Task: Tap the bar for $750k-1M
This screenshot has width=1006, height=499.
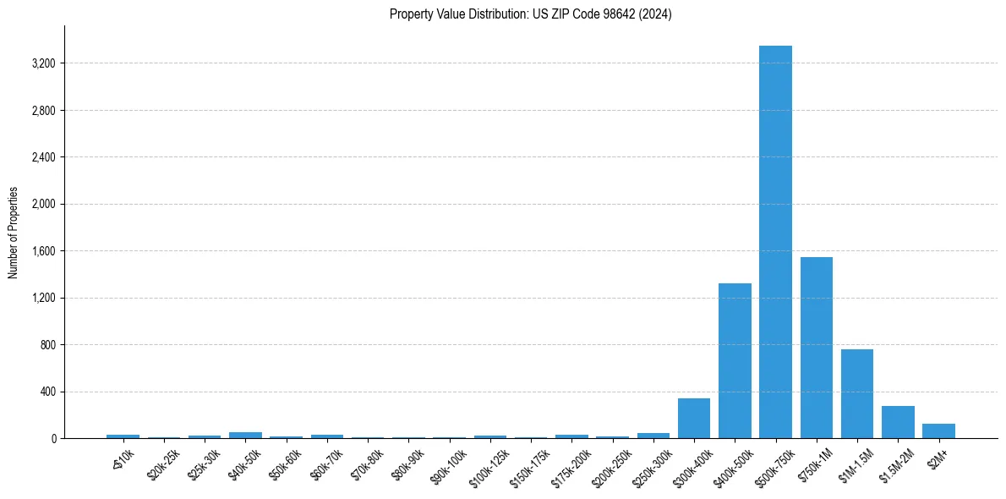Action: pos(816,348)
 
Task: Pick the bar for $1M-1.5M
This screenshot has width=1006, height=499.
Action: pos(856,394)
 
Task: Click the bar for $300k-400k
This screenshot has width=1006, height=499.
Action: pos(694,419)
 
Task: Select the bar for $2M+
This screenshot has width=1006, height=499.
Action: pos(938,430)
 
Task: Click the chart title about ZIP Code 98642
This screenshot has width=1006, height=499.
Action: pos(531,14)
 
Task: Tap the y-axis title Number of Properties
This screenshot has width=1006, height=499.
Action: pos(14,233)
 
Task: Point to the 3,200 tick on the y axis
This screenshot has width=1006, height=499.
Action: pos(43,63)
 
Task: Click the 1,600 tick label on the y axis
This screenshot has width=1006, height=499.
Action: pos(43,251)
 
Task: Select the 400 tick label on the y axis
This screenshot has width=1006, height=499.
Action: pos(48,392)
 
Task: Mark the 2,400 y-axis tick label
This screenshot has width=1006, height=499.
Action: pos(43,157)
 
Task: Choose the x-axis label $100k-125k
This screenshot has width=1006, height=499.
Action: pos(488,466)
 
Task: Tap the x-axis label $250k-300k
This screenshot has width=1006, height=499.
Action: pos(651,466)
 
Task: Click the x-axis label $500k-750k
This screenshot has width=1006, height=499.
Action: pos(774,466)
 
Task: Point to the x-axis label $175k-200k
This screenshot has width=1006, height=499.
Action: pos(569,466)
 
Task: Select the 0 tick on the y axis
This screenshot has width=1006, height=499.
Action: pos(52,439)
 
